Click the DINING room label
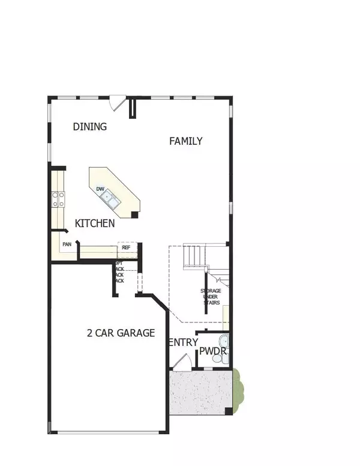click(90, 127)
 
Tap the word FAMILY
click(185, 141)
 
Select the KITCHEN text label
click(95, 223)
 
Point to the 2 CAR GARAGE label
click(121, 333)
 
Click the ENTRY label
click(183, 342)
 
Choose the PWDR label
click(211, 351)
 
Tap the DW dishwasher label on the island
click(101, 190)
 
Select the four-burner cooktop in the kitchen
click(58, 199)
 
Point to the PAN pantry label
click(67, 244)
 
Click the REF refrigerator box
click(127, 247)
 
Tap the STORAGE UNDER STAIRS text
click(211, 297)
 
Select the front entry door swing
click(182, 362)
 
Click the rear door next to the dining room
click(121, 103)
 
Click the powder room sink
click(224, 340)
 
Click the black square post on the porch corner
click(227, 411)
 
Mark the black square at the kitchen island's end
click(134, 214)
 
